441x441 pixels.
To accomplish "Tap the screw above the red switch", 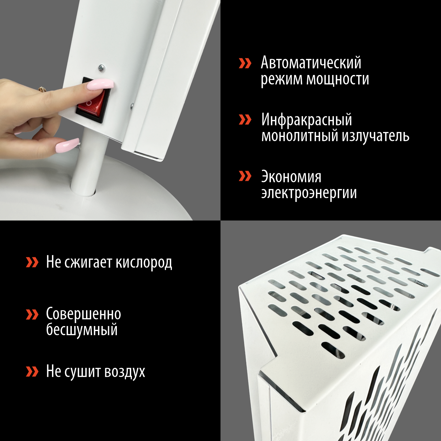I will click(101, 67).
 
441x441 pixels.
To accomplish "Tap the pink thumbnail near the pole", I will click(67, 145).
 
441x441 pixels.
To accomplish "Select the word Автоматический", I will click(311, 63).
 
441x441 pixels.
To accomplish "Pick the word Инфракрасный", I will click(306, 120).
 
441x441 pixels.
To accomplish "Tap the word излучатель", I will click(375, 136).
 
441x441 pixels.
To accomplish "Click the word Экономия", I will click(291, 177).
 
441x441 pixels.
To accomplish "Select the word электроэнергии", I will click(309, 193).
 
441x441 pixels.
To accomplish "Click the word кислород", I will click(144, 262).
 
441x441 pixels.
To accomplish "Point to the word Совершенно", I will click(83, 314).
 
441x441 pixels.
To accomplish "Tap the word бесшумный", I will click(82, 330).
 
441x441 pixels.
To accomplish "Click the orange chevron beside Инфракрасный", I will click(245, 120).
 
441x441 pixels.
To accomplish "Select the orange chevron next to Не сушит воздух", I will click(32, 371).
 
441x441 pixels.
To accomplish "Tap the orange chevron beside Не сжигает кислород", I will click(32, 262).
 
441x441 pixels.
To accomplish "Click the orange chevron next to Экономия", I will click(245, 176).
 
